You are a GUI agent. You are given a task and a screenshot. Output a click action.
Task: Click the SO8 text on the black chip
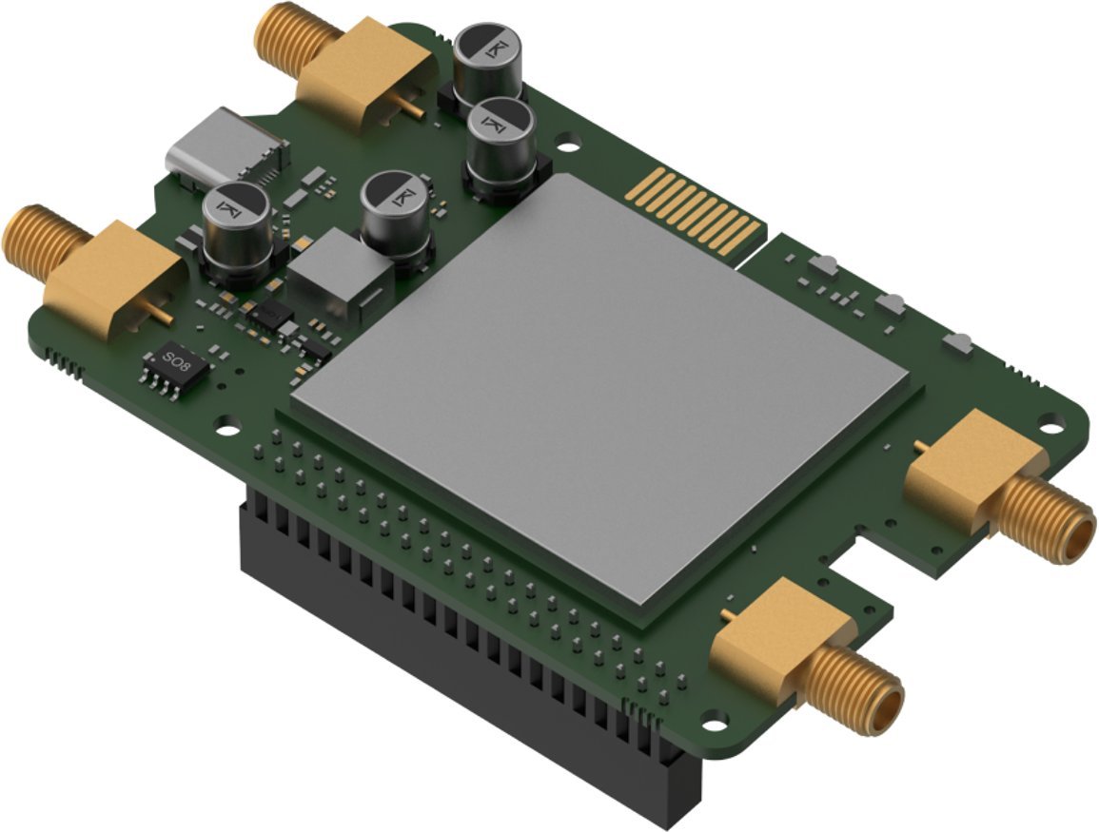coord(175,360)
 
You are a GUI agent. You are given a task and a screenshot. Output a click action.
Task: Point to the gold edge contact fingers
coord(695,211)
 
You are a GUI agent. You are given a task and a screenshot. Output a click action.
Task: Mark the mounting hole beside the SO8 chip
coord(227,419)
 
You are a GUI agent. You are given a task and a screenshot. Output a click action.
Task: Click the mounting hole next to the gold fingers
coord(568,148)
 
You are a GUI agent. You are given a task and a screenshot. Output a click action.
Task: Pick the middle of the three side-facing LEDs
coord(892,304)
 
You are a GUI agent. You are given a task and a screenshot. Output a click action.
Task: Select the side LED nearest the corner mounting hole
coord(958,342)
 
